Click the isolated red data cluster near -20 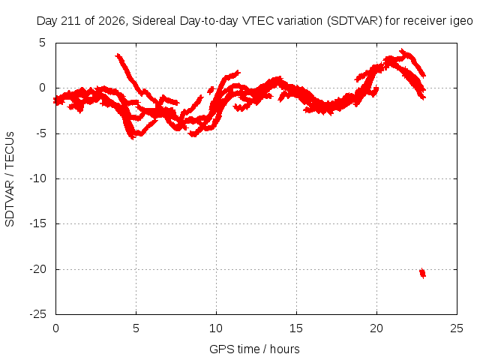[x=422, y=273]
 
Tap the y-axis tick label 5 [x=42, y=43]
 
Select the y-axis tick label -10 [x=37, y=178]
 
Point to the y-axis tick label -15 [x=37, y=223]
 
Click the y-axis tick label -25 [x=37, y=314]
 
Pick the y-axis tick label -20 [x=37, y=269]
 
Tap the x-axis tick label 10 [x=216, y=328]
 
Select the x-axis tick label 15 [x=296, y=328]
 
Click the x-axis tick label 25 [x=457, y=328]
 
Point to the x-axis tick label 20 [x=376, y=328]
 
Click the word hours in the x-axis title [x=285, y=349]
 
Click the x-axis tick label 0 [x=55, y=328]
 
